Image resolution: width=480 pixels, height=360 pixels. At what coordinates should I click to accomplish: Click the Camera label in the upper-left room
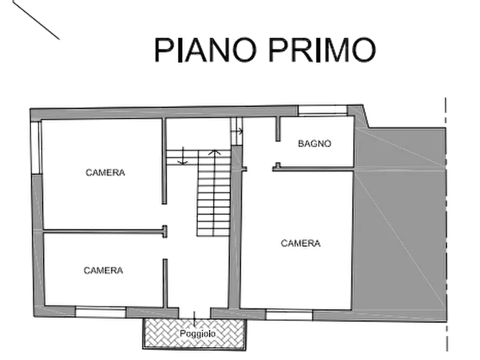click(x=106, y=172)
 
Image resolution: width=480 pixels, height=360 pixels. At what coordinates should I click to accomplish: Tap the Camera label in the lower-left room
click(x=105, y=270)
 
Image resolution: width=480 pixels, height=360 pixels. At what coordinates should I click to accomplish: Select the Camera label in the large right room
click(x=302, y=244)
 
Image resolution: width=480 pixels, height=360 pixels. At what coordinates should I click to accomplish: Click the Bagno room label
click(x=314, y=143)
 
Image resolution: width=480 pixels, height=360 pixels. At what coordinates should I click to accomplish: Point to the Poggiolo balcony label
click(x=198, y=333)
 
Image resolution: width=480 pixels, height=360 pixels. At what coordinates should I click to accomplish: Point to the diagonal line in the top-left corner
click(x=37, y=20)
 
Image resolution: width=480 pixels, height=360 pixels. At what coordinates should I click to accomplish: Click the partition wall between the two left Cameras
click(x=102, y=232)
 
